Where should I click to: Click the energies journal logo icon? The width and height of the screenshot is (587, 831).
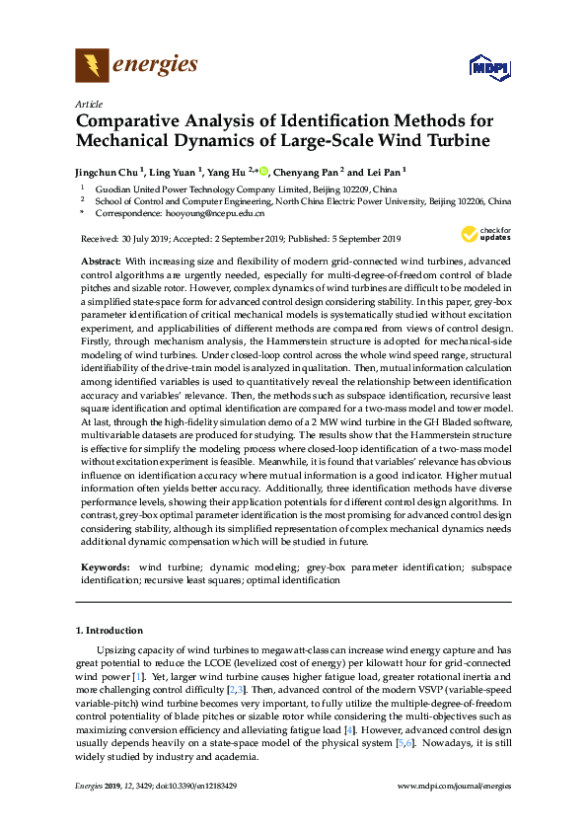(92, 66)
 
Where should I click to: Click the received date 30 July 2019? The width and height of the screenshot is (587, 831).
(151, 239)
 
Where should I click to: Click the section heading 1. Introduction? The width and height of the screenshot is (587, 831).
(110, 630)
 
